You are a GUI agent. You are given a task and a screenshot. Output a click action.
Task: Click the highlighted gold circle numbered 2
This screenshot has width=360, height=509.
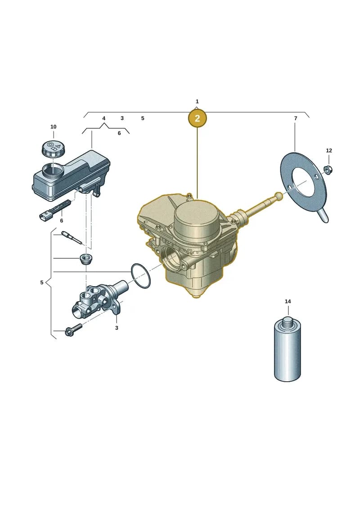click(x=197, y=118)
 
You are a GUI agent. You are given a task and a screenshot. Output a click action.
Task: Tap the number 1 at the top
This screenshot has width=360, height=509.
click(x=197, y=102)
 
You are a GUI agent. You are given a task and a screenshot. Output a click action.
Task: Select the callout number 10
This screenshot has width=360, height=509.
click(x=53, y=126)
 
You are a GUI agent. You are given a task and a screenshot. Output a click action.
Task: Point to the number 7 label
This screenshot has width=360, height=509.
click(x=295, y=118)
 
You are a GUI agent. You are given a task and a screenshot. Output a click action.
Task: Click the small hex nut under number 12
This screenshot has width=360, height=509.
click(x=328, y=170)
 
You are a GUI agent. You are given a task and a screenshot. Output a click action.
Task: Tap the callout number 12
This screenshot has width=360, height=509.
click(x=329, y=151)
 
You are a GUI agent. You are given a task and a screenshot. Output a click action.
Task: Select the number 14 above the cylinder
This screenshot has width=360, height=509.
click(x=288, y=302)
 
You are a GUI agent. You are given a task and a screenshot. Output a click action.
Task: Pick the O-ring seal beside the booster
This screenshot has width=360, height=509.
click(x=141, y=275)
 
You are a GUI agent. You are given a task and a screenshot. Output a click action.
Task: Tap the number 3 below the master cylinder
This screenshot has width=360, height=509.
click(x=117, y=328)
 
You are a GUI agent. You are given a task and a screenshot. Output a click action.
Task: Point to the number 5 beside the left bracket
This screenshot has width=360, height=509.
click(x=42, y=283)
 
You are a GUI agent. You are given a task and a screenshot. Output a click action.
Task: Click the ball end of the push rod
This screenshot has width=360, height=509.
click(x=279, y=195)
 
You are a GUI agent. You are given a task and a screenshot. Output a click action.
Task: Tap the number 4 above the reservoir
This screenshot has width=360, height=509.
click(x=104, y=118)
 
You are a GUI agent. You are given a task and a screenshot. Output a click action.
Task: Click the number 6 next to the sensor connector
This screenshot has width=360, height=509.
click(x=62, y=221)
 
